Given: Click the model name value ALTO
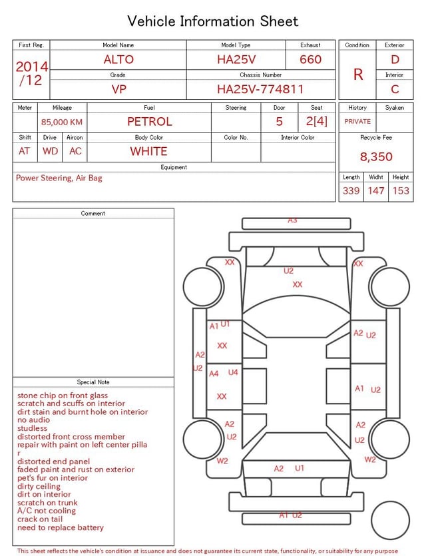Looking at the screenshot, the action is coord(118,59).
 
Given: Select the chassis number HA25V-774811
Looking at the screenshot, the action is coord(260,89).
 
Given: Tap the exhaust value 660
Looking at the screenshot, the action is coord(310,59).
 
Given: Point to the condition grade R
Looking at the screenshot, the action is coord(358,75).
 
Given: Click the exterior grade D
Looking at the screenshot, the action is coord(395,59).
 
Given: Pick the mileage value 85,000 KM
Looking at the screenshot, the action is coord(62,122).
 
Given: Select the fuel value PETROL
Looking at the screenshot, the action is coord(150,122).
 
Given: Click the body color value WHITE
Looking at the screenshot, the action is coord(148,151).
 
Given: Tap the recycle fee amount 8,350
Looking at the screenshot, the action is coord(376,156).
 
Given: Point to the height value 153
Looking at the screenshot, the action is coord(401,190).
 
